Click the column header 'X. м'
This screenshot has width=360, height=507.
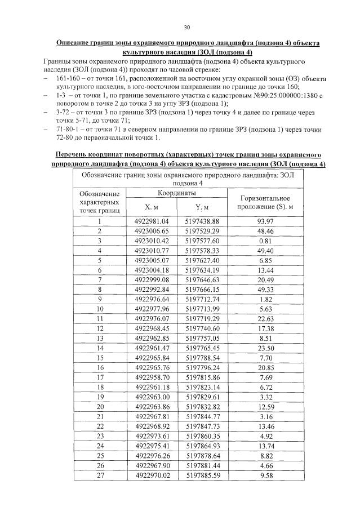click(x=152, y=207)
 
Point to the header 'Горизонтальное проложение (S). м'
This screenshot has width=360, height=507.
click(x=265, y=203)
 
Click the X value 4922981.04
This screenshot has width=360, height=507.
click(x=152, y=222)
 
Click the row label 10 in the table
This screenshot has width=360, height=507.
click(x=100, y=309)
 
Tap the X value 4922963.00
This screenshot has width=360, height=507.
click(x=152, y=396)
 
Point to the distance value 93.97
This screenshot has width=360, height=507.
click(x=265, y=222)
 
